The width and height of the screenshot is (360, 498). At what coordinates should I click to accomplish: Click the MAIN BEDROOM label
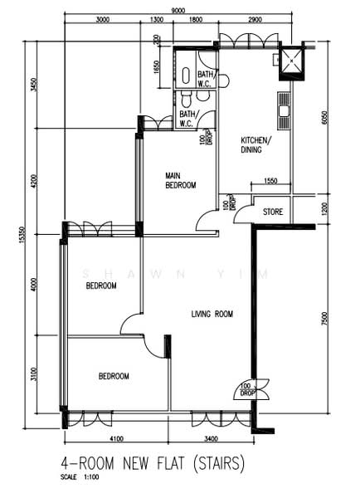pos(180,180)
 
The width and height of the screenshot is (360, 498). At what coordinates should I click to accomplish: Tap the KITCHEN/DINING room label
pos(252,144)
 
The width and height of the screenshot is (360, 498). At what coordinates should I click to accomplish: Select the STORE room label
pos(273,212)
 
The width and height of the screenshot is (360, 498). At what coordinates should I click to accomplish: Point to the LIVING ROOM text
pos(212,314)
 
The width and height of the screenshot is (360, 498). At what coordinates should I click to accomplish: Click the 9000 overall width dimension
pos(178,10)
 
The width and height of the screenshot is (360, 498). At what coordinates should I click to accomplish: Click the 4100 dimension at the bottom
pos(116,438)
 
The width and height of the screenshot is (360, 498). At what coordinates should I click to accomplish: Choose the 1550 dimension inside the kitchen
pos(270,180)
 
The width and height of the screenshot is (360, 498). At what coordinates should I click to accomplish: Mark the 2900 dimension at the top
pos(255,20)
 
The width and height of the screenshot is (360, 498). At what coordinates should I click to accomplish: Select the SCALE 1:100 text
pos(80,477)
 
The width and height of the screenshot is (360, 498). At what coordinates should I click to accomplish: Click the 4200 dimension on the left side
pos(34,181)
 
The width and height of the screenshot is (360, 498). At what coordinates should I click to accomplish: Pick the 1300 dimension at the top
pos(156,20)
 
